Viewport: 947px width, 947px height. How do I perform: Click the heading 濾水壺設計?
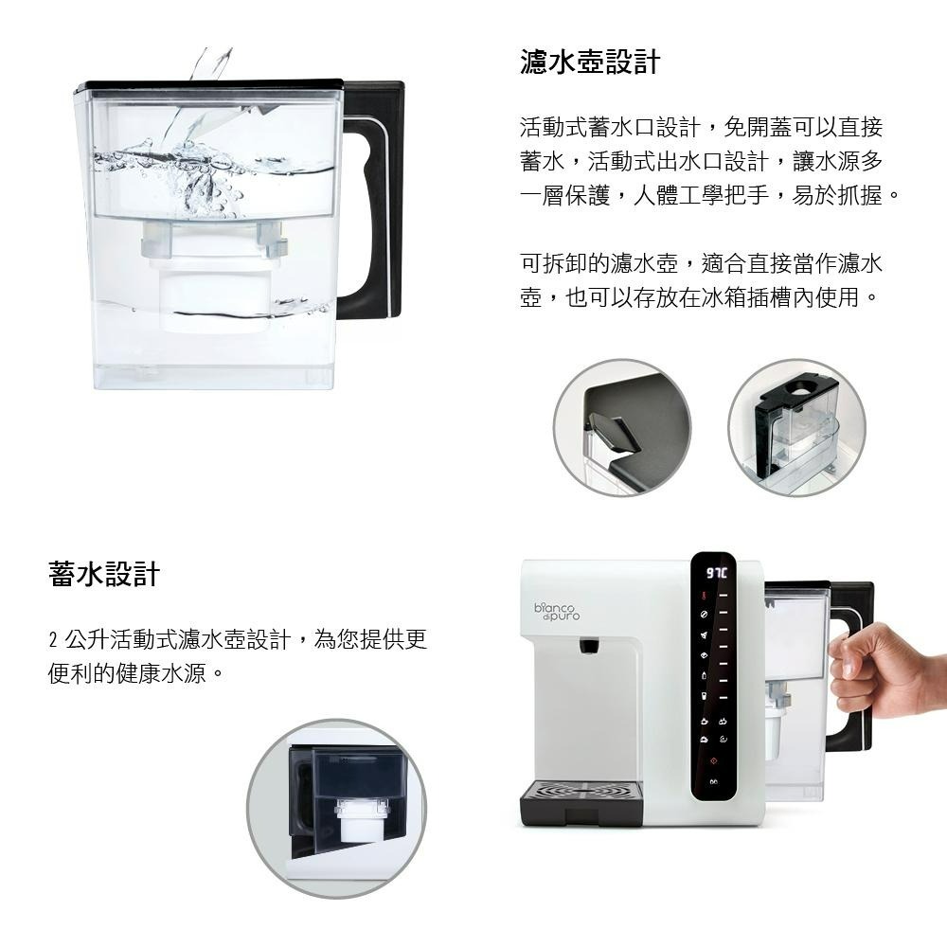(589, 63)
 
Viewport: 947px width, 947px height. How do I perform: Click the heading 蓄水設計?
(104, 574)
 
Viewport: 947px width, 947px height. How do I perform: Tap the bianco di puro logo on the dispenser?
(558, 612)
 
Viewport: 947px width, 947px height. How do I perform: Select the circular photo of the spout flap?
(621, 427)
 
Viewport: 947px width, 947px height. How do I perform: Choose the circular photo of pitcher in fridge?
(796, 427)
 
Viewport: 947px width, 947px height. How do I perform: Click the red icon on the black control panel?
(713, 761)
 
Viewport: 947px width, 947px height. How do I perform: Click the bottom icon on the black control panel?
(713, 782)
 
